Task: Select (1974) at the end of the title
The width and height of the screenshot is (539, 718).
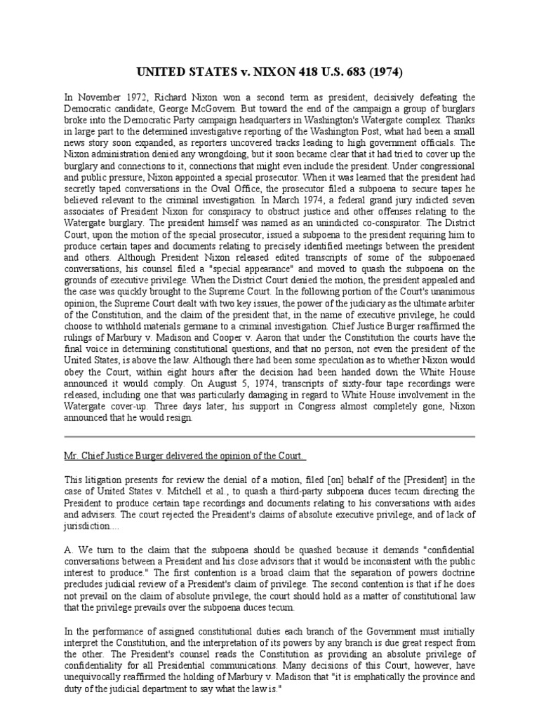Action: [x=383, y=72]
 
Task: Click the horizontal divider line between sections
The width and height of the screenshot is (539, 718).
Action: [x=269, y=437]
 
